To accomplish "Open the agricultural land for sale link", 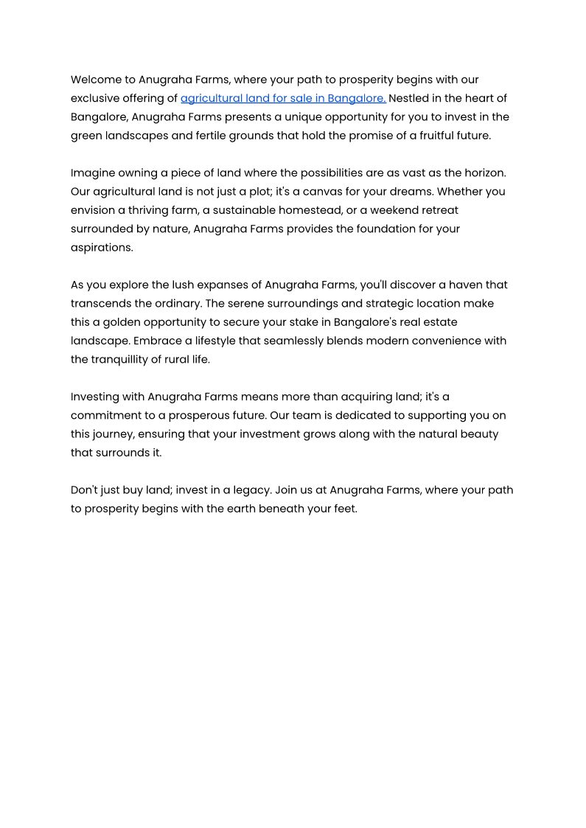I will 283,98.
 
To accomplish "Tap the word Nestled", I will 411,98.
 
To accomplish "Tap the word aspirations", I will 102,248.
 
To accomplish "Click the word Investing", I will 97,397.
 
